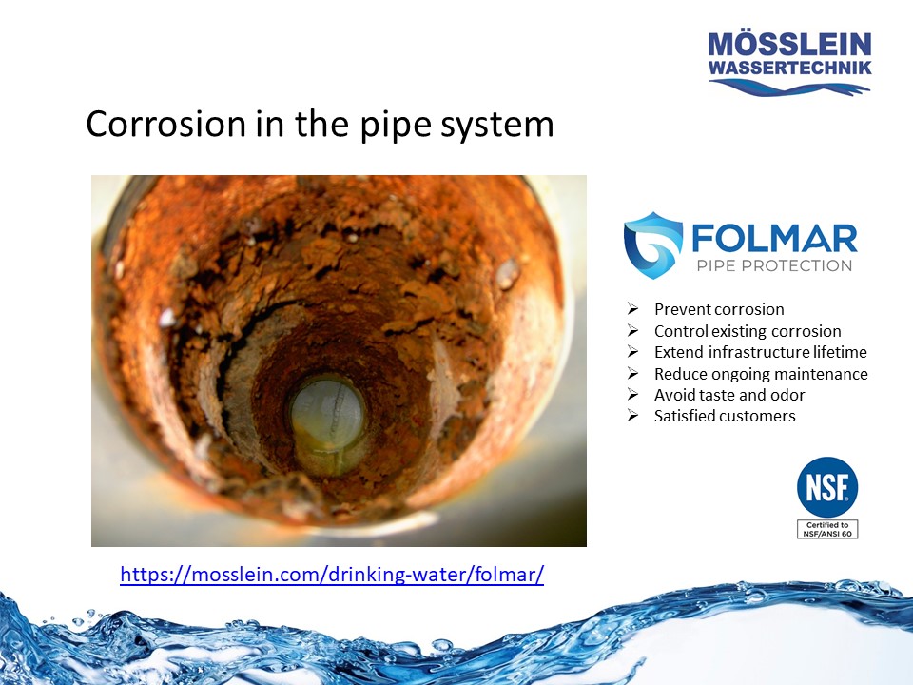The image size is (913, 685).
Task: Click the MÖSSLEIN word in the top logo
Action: point(789,45)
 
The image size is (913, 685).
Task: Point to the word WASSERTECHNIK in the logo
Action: point(789,68)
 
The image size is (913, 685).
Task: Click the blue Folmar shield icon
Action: point(652,244)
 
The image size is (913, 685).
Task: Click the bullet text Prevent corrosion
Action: point(719,309)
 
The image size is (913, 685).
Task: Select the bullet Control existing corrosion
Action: point(748,331)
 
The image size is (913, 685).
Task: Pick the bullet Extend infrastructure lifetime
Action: point(761,352)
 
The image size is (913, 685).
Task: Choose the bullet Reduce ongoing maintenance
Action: point(761,374)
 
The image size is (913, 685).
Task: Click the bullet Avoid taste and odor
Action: point(729,395)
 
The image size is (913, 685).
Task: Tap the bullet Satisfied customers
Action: point(725,416)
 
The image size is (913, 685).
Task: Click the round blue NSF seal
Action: point(826,488)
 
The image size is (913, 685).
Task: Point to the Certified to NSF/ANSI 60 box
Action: point(826,529)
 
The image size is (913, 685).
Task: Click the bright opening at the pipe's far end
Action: point(328,423)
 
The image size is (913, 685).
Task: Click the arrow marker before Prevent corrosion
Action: point(632,309)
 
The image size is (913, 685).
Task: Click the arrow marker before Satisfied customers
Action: point(632,416)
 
